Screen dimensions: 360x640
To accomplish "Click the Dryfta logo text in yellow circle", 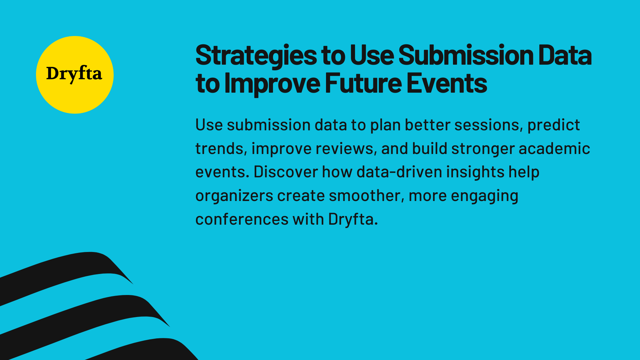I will click(74, 74).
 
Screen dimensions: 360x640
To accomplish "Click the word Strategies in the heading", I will click(256, 55).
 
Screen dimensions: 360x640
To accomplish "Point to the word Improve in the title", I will click(272, 83).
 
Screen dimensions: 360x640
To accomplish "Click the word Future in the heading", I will click(363, 83).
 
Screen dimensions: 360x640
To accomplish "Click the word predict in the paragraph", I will click(553, 125).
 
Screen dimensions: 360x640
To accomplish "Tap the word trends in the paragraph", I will click(221, 149).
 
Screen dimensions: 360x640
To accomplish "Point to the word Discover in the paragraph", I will click(286, 172).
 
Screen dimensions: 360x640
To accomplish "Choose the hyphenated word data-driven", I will click(399, 172).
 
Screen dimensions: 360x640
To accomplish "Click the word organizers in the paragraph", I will click(234, 196).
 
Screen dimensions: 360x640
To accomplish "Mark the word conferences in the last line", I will click(242, 219).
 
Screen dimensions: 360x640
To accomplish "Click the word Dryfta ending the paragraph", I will click(353, 219).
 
